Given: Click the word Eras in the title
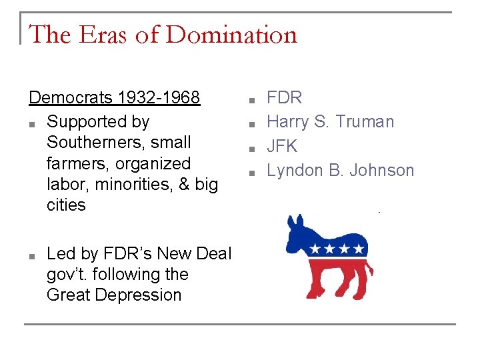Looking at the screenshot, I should pos(104,34).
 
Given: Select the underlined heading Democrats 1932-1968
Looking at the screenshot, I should pos(114,97).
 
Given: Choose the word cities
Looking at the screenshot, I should pos(66,205).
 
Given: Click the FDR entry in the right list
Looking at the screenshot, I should pos(284,97).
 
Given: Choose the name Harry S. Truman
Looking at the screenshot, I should pos(330,121).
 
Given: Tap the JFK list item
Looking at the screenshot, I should pos(282,146).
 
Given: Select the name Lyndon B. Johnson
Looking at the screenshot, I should pos(340,170).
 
